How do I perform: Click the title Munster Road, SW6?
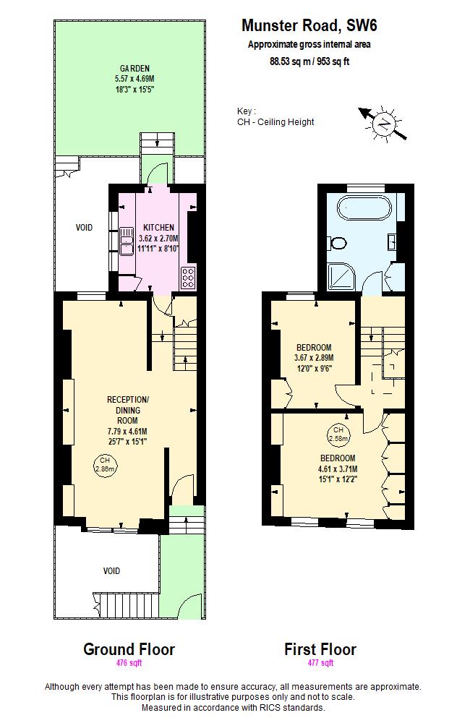coord(309,26)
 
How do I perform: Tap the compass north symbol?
coord(384,124)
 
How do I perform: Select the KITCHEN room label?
coord(158,227)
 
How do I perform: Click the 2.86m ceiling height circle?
coord(104,464)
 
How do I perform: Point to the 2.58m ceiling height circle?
coord(338,434)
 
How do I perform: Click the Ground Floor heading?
coord(129,649)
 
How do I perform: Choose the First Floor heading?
coord(320,649)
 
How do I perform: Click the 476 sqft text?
coord(129,663)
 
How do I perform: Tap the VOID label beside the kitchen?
coord(85,228)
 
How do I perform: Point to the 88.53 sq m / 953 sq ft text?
coord(309,62)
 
